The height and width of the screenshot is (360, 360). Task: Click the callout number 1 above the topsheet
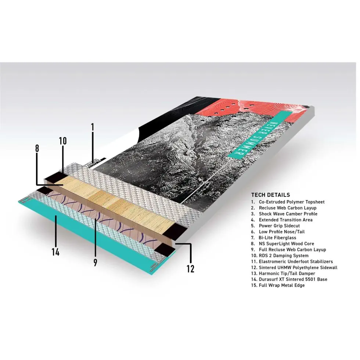[93, 127]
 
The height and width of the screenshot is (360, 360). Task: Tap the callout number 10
[63, 141]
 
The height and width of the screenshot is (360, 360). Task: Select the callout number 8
[37, 148]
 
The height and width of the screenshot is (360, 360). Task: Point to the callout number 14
[55, 252]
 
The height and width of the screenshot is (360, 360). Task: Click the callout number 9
[95, 262]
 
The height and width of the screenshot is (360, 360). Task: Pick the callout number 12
[190, 269]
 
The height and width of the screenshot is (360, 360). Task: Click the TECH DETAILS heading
[270, 195]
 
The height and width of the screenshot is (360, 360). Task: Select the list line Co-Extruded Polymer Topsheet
[288, 202]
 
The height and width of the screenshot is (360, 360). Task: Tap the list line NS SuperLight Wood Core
[282, 244]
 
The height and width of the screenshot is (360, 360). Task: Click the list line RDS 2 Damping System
[280, 256]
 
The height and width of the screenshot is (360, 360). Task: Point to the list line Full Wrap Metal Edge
[278, 285]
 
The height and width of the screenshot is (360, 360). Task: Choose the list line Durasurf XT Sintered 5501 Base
[289, 280]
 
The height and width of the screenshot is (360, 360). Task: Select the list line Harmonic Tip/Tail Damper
[283, 273]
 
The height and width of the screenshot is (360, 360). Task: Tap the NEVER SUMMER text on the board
[254, 140]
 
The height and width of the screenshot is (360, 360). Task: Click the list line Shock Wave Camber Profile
[284, 214]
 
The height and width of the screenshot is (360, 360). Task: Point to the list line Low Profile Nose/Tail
[278, 232]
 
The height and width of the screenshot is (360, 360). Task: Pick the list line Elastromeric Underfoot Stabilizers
[292, 262]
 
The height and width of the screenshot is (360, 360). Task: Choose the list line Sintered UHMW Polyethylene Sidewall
[294, 267]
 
